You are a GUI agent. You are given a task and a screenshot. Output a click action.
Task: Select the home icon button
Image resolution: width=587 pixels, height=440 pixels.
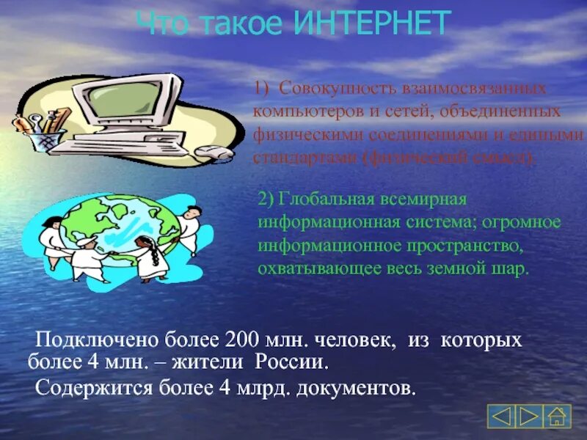tap(558, 416)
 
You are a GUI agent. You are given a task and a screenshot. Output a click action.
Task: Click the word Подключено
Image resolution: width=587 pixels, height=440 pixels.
tap(85, 340)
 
